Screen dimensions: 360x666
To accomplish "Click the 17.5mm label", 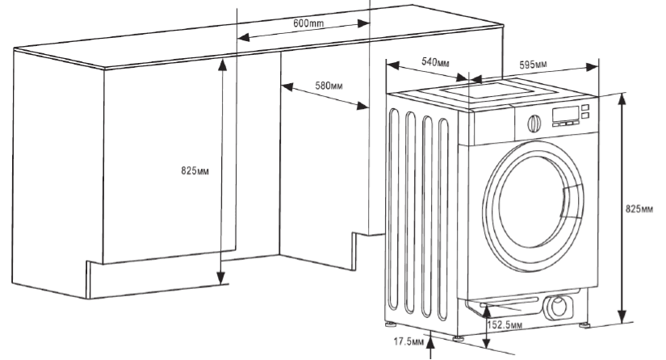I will [409, 342].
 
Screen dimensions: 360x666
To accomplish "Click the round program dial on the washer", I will [533, 123].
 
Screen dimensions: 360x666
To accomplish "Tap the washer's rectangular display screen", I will [565, 114].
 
